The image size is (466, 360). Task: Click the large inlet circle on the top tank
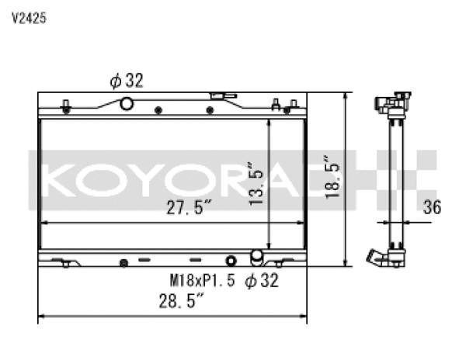coord(127,103)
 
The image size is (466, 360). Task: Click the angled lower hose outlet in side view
coord(378,258)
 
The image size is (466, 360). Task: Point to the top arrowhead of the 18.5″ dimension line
coord(345,95)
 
